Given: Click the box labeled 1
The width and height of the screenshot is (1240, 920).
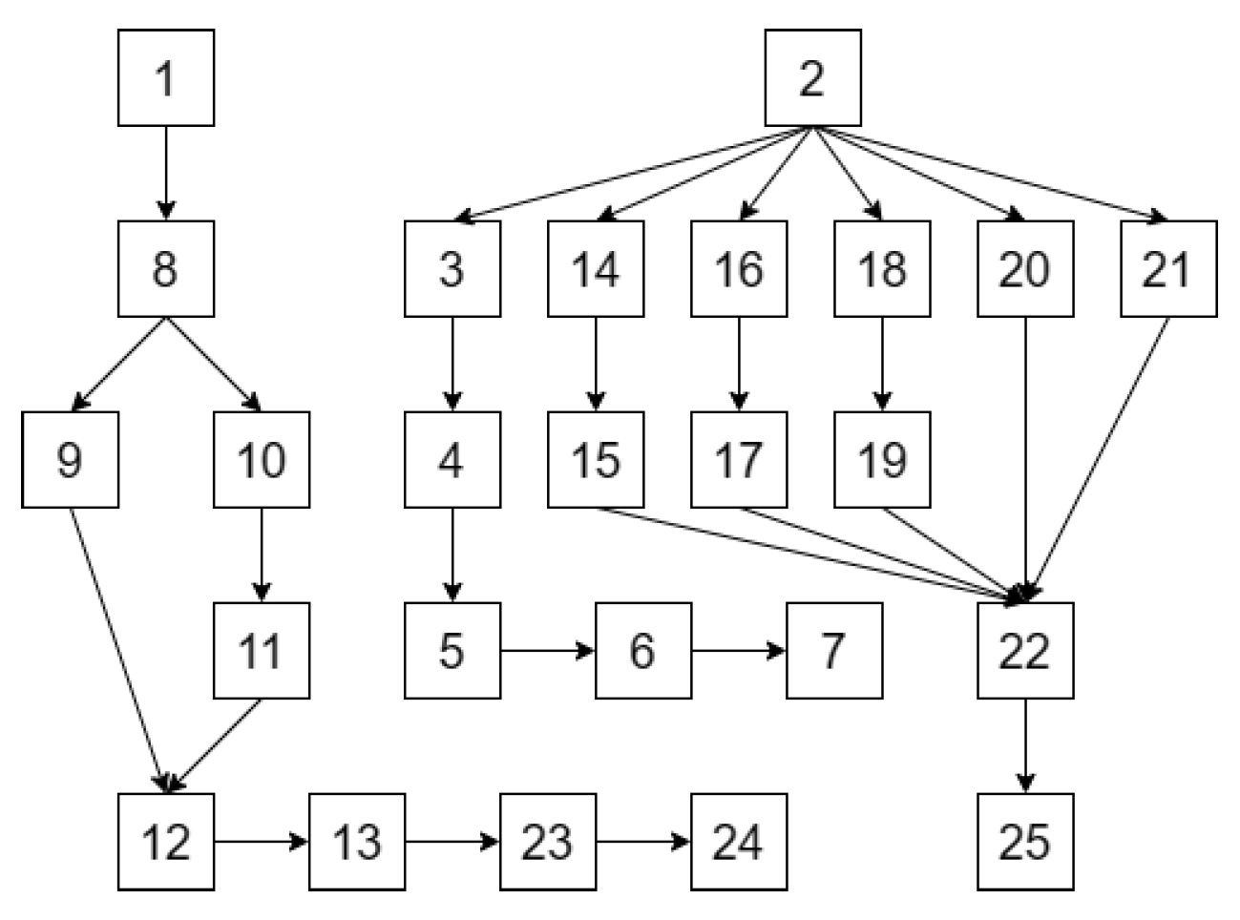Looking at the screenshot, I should pos(166,77).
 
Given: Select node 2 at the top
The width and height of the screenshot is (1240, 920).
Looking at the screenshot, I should pos(812,77).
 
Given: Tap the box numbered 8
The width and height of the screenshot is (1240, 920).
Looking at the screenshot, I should pos(166,268).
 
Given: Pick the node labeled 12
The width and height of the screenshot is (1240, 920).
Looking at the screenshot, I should pos(166,841).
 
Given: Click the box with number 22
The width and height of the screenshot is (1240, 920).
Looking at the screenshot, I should pos(1025,650).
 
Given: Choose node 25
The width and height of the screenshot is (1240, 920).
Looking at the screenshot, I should pos(1025,841).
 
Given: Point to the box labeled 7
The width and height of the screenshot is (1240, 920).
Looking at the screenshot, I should pos(834,650).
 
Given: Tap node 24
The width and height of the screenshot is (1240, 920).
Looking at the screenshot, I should pos(739,841).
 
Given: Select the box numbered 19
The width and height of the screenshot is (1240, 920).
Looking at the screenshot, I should pos(882,459).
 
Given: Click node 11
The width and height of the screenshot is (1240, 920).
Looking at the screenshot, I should pos(262,650).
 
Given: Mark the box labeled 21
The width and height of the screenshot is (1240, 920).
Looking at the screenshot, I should pos(1168,268).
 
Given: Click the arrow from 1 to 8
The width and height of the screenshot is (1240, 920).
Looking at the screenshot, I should pos(166,173).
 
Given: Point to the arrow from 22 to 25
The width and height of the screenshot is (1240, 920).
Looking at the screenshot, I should pos(1025,745).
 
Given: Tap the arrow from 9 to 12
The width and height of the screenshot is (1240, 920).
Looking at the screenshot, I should pos(119,649).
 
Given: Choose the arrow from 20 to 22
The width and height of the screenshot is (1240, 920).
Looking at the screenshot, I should pos(1025,458).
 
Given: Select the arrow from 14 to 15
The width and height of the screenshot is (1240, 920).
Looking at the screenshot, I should pos(596,364).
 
